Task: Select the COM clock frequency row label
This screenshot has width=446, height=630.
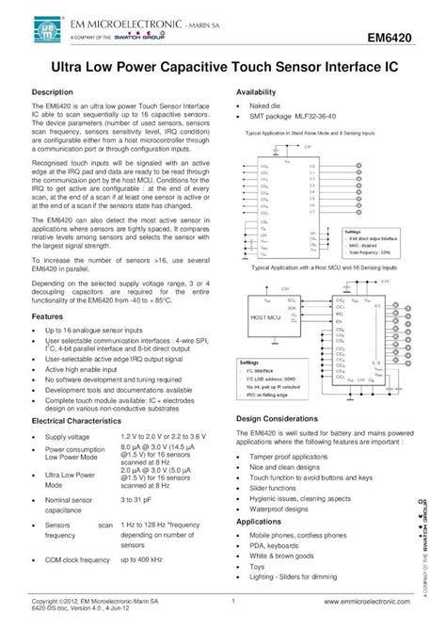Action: point(80,560)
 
